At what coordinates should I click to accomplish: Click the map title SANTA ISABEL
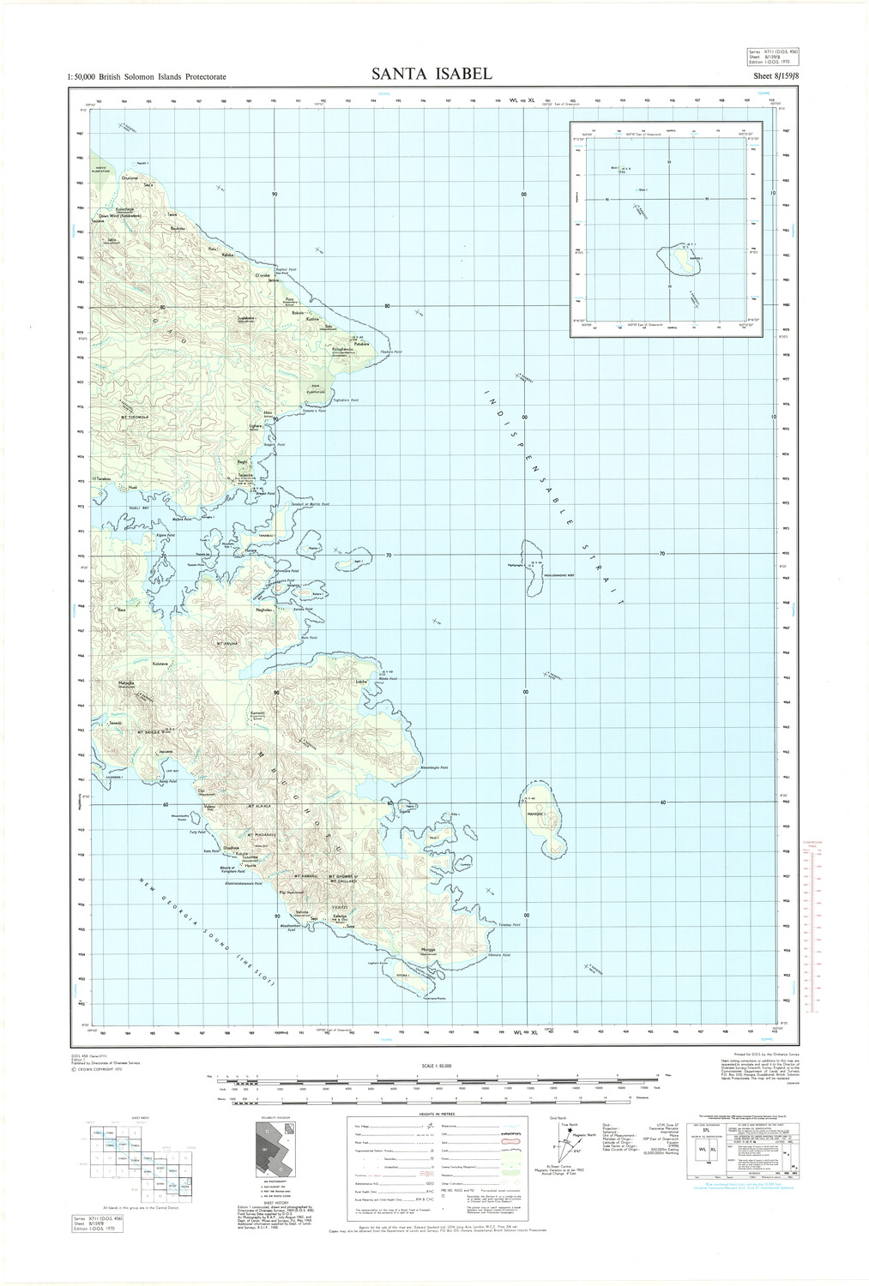pyautogui.click(x=431, y=75)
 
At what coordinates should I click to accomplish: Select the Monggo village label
pyautogui.click(x=429, y=950)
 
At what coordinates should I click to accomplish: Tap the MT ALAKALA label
pyautogui.click(x=258, y=807)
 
